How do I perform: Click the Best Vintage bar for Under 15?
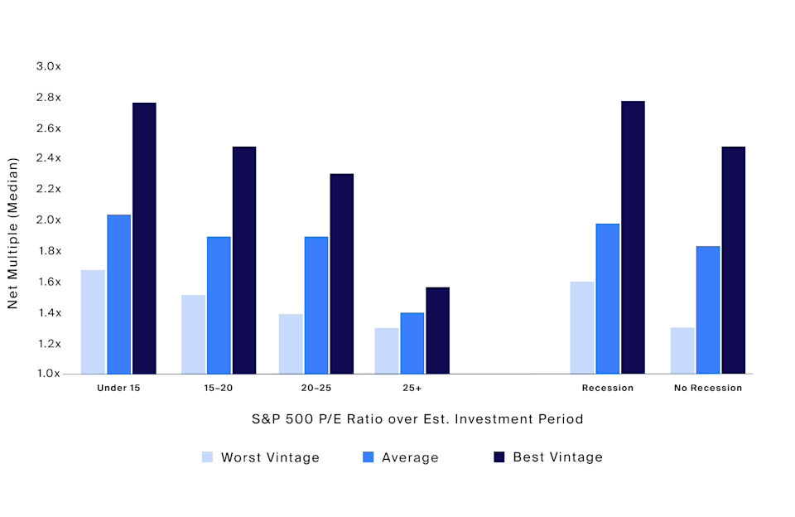click(144, 238)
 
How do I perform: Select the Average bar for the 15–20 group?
click(219, 305)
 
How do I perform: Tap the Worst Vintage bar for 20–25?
click(291, 344)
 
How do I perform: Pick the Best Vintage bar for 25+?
click(437, 331)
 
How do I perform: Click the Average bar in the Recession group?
click(607, 298)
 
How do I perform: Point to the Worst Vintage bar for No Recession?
click(682, 350)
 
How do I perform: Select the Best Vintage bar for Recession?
click(633, 237)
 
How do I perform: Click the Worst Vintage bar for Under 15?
click(93, 321)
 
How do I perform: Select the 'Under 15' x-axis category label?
click(118, 388)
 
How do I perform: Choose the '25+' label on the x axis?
click(412, 388)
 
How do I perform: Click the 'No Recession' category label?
click(708, 388)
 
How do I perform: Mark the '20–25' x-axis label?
click(316, 388)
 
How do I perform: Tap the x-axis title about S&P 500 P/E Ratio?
click(417, 419)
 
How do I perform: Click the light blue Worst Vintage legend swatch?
click(207, 457)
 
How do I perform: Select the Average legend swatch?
click(369, 457)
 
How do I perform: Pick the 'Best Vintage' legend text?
click(557, 457)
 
